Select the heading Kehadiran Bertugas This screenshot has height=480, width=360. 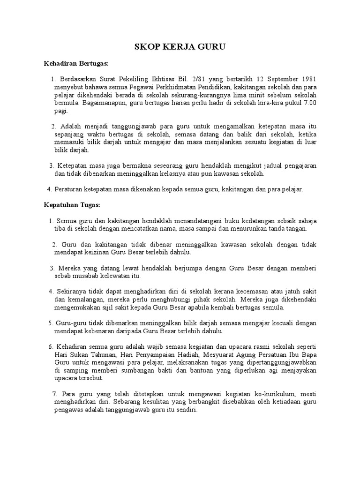(x=76, y=63)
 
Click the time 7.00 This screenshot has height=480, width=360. (x=309, y=103)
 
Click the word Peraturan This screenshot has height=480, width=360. (x=70, y=189)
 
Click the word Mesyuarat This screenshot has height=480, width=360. (x=219, y=355)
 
